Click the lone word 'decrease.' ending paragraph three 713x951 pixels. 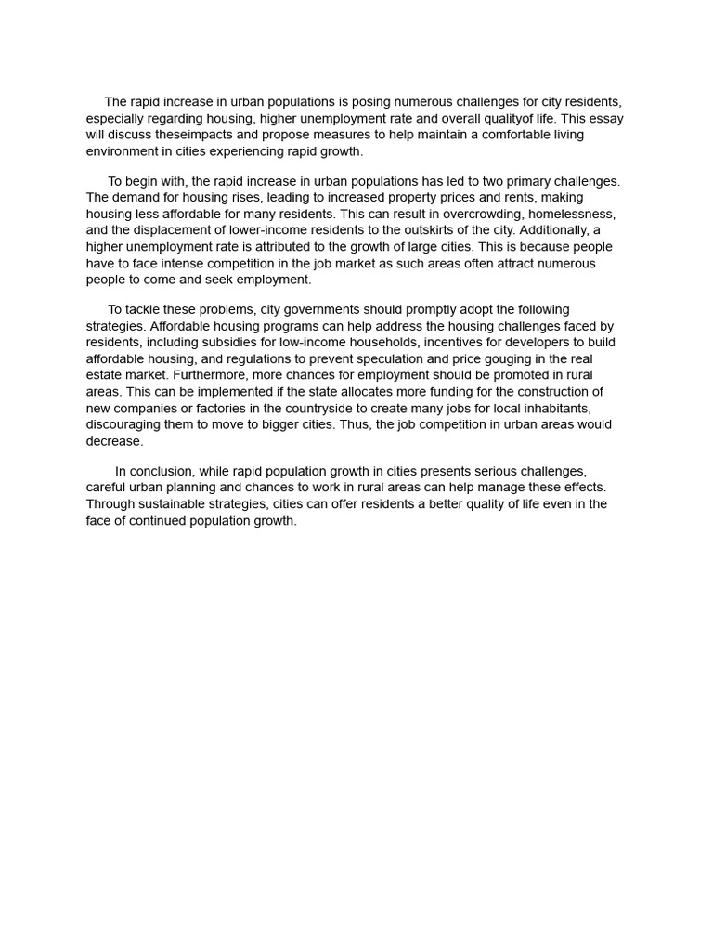coord(115,442)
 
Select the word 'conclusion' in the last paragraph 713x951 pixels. coord(160,472)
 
